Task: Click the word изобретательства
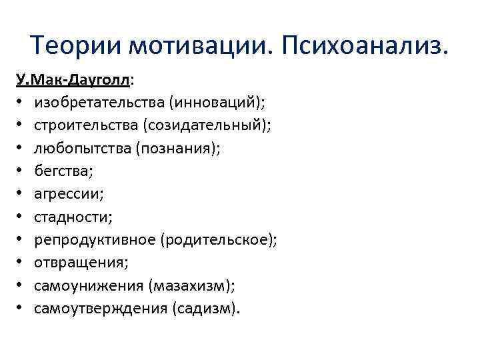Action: [x=99, y=103]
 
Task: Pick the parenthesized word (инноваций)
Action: [x=216, y=103]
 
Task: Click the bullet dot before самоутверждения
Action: [x=21, y=309]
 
